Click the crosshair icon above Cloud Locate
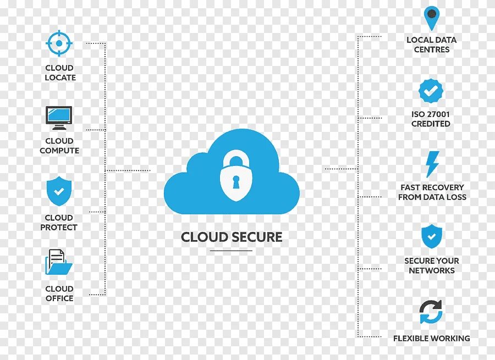point(59,43)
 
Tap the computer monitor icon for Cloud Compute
point(59,117)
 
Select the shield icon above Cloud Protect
point(59,192)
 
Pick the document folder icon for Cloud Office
point(58,263)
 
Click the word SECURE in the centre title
point(256,237)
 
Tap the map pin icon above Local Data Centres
point(432,19)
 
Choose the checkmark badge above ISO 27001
point(431,91)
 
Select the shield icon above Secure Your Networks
point(432,237)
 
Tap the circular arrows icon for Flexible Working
point(431,312)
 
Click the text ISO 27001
point(431,114)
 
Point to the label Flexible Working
point(431,339)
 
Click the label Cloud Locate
point(59,73)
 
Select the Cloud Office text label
point(59,293)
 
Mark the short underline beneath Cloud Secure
point(231,251)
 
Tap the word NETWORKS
point(432,270)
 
